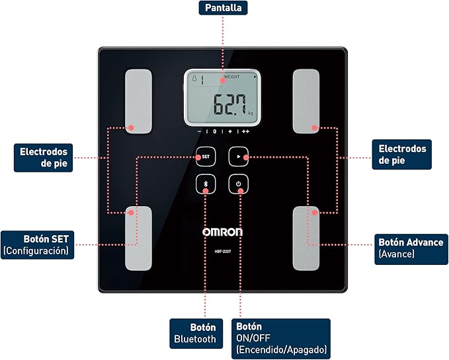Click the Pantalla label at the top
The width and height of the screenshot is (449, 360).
[223, 9]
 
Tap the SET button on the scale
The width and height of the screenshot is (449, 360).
[206, 157]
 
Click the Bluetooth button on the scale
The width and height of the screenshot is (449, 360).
[206, 184]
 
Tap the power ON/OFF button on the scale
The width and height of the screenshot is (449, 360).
[239, 184]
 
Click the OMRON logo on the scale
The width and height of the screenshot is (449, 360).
[222, 232]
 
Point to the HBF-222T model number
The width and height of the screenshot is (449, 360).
[222, 249]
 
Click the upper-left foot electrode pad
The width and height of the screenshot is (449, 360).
[139, 101]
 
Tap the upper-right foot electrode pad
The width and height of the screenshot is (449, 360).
[306, 101]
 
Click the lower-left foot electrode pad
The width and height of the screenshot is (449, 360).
[139, 238]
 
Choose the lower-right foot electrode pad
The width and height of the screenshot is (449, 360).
[306, 238]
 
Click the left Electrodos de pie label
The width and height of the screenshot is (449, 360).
[43, 156]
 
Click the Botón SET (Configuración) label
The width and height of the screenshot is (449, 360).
[38, 244]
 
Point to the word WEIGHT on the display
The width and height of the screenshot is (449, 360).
[231, 77]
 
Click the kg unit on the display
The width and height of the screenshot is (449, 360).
[251, 114]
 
